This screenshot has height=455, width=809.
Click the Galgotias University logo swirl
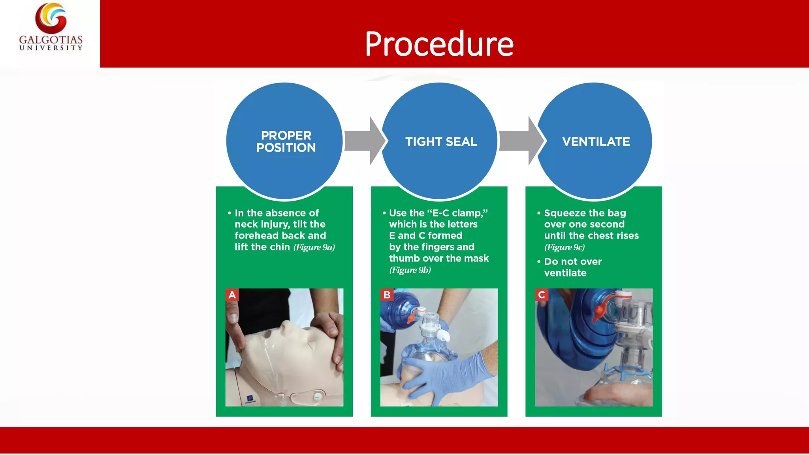click(51, 18)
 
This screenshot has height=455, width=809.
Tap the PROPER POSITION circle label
click(286, 141)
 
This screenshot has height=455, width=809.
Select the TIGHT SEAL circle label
click(441, 141)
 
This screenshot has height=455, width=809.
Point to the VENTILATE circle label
click(596, 141)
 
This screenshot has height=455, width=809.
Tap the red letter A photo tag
click(232, 295)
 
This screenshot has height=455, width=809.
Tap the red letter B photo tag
click(387, 295)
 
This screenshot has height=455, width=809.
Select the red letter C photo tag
click(542, 295)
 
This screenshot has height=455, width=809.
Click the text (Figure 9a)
click(314, 247)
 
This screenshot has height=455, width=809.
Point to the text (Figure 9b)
click(410, 270)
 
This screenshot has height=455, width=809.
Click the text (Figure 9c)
click(564, 247)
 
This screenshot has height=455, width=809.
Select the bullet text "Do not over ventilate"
click(572, 267)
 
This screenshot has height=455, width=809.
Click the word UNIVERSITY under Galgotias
click(51, 48)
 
